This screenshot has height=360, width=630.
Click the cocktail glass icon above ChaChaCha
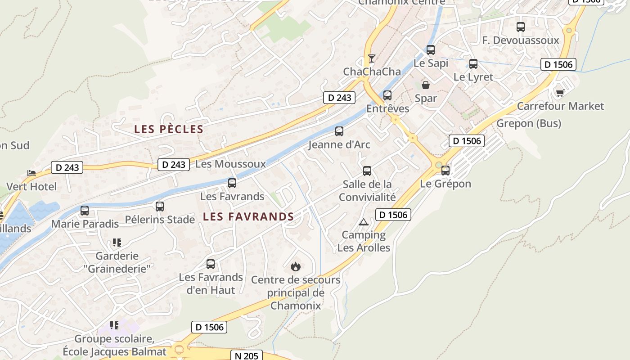[371, 58]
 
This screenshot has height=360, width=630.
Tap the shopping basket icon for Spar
[425, 85]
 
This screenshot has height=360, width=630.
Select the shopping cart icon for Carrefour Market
[560, 93]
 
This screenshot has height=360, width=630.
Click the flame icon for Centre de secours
[296, 266]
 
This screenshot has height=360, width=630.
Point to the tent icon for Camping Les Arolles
[364, 222]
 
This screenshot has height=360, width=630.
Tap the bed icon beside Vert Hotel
[31, 173]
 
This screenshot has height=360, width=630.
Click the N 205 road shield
[247, 355]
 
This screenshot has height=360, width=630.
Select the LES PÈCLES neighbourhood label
[169, 130]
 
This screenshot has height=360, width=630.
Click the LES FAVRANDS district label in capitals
[248, 217]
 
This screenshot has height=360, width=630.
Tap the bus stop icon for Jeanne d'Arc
[339, 131]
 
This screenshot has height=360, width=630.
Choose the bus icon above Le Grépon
[445, 171]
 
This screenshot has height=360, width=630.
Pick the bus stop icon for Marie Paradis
[85, 210]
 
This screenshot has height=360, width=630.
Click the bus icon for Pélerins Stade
[160, 207]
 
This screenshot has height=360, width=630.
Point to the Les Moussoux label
[230, 164]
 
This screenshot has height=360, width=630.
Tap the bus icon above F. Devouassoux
[521, 27]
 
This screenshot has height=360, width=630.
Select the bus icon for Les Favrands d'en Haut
[211, 264]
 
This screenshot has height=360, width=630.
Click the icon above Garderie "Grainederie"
[117, 243]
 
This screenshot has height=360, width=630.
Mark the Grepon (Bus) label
[529, 123]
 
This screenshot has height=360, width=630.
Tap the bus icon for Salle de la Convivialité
[367, 171]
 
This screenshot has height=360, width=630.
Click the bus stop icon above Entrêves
[387, 95]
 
